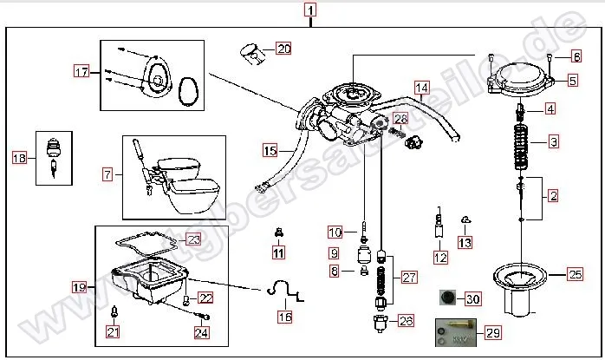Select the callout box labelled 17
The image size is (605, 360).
click(81, 71)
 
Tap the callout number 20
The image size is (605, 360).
click(283, 49)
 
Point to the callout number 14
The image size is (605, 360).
click(421, 88)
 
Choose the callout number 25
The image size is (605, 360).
click(575, 275)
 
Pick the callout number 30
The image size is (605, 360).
click(472, 299)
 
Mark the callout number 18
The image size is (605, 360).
click(19, 157)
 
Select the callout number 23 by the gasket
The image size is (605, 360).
click(192, 239)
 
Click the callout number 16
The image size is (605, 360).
click(284, 317)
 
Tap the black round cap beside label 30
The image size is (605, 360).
click(446, 298)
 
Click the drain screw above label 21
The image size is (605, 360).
click(114, 311)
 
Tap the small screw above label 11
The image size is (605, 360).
click(278, 232)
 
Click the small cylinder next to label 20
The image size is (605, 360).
click(252, 53)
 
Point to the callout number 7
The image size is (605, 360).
click(107, 174)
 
